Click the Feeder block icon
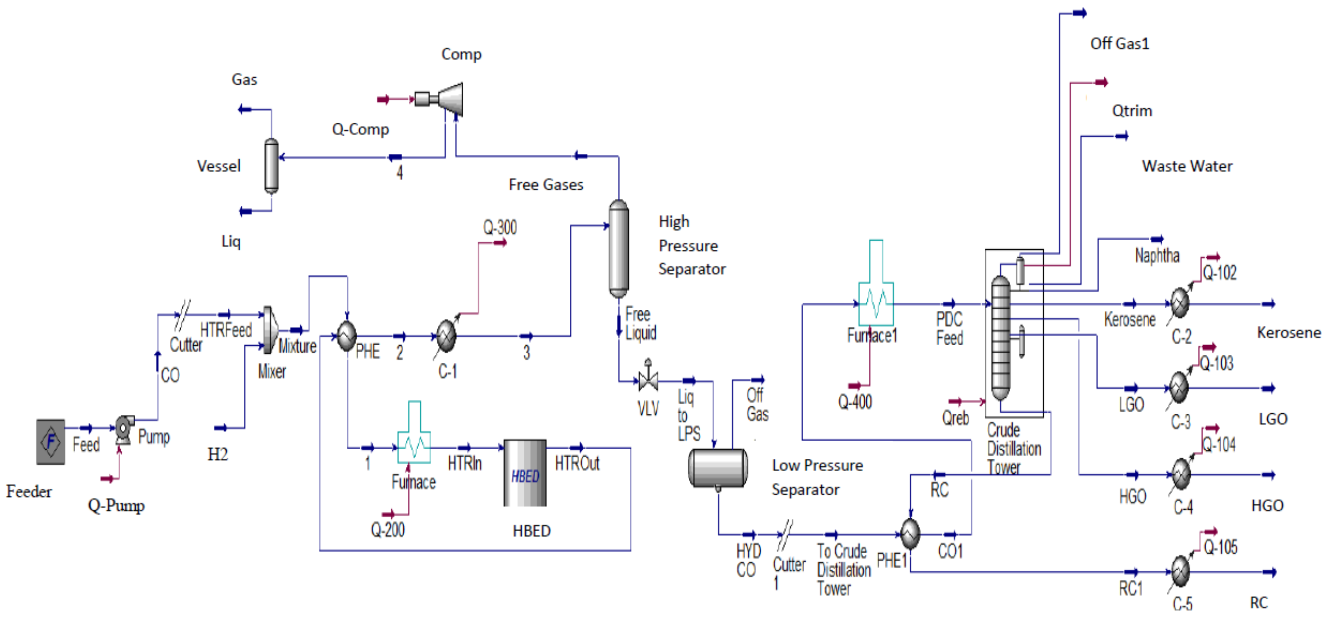[51, 442]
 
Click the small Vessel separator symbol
[272, 166]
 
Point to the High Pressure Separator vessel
[618, 249]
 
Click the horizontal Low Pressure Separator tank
[718, 468]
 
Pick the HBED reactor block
[525, 473]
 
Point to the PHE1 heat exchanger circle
[910, 534]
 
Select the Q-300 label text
[500, 227]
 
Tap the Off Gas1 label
[1120, 44]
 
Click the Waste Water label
[1187, 166]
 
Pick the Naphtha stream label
[1157, 256]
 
